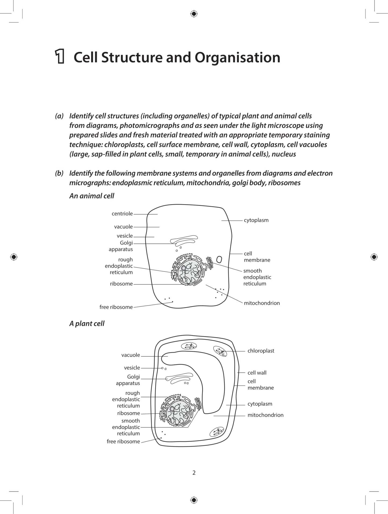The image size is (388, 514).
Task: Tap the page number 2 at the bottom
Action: pyautogui.click(x=194, y=472)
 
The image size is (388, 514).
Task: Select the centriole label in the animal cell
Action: pyautogui.click(x=122, y=214)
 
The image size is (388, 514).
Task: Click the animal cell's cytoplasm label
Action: pyautogui.click(x=256, y=220)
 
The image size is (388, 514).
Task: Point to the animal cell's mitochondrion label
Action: pyautogui.click(x=262, y=303)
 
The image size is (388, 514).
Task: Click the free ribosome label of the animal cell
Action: pyautogui.click(x=116, y=307)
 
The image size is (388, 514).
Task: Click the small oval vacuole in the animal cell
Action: pyautogui.click(x=219, y=259)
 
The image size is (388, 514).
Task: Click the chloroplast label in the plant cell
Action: pyautogui.click(x=261, y=351)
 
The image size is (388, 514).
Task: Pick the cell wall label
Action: pyautogui.click(x=257, y=373)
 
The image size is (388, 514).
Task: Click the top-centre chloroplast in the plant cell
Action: pyautogui.click(x=189, y=346)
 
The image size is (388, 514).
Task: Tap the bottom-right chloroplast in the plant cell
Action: pyautogui.click(x=216, y=432)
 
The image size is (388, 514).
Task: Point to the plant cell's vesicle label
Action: pyautogui.click(x=132, y=368)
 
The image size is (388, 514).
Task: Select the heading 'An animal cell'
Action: pyautogui.click(x=92, y=196)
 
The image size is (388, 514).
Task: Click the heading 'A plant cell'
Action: pyautogui.click(x=87, y=324)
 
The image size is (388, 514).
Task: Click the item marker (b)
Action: pyautogui.click(x=59, y=173)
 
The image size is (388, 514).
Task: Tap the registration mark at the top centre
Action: pyautogui.click(x=194, y=14)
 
